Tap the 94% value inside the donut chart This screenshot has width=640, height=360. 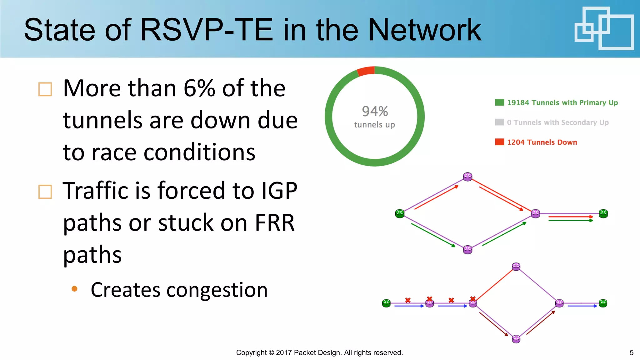[375, 111]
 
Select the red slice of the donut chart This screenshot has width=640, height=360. [366, 71]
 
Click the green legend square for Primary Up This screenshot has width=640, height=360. [499, 102]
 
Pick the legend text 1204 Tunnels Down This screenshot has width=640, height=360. [542, 142]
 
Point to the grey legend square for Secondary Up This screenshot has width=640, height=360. [499, 122]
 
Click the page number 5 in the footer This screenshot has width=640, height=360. [631, 352]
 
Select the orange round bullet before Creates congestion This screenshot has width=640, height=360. [74, 289]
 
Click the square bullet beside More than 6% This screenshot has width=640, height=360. [45, 89]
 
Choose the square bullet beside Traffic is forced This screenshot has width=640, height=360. [45, 192]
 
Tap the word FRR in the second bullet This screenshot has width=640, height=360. [274, 223]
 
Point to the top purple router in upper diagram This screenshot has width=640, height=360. [467, 177]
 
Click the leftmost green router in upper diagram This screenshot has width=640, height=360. [400, 213]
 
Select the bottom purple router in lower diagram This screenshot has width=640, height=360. [516, 339]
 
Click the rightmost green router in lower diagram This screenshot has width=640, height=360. [603, 303]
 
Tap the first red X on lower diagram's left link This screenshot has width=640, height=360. [408, 300]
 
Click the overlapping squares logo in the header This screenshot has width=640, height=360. [604, 28]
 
